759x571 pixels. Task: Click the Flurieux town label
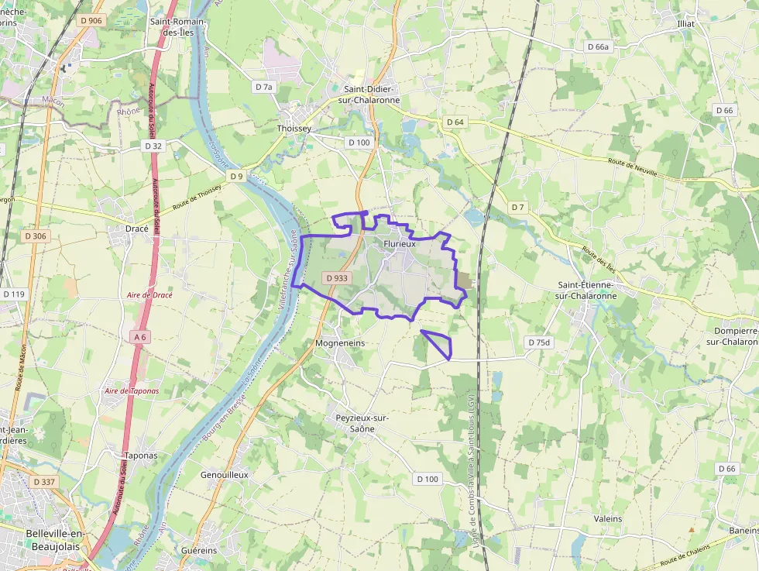coord(400,243)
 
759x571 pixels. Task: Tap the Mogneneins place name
coord(340,342)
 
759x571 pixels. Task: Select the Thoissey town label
coord(294,129)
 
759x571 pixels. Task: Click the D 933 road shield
coord(338,277)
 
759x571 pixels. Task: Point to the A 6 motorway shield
coord(139,337)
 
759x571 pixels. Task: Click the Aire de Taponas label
coord(132,391)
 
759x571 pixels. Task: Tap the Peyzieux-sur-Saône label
coord(362,423)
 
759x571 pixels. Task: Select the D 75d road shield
coord(538,342)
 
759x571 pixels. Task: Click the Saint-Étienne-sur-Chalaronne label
coord(587,290)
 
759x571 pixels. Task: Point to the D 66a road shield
coord(599,46)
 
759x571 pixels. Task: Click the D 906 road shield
coord(91,20)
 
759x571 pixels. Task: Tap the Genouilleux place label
coord(224,474)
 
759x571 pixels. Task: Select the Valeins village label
coord(608,518)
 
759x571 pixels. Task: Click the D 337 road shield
coord(45,482)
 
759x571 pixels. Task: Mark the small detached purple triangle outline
coord(438,343)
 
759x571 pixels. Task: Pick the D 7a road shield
coord(264,87)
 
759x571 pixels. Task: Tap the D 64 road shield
coord(455,122)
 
